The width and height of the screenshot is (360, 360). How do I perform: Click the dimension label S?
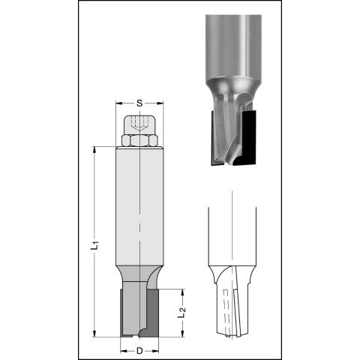pyautogui.click(x=139, y=103)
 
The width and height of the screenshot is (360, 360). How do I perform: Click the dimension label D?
pyautogui.click(x=139, y=351)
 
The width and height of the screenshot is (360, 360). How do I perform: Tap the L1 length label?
pyautogui.click(x=94, y=245)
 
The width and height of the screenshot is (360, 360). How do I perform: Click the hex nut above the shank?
pyautogui.click(x=139, y=140)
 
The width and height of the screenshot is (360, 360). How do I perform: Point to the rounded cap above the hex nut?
pyautogui.click(x=139, y=125)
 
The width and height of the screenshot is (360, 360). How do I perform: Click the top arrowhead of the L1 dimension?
pyautogui.click(x=94, y=149)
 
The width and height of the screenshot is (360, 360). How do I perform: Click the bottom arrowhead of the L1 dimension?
pyautogui.click(x=94, y=334)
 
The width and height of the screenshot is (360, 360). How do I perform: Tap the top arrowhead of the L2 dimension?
pyautogui.click(x=183, y=292)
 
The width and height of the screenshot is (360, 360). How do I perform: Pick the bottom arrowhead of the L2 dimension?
pyautogui.click(x=183, y=334)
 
